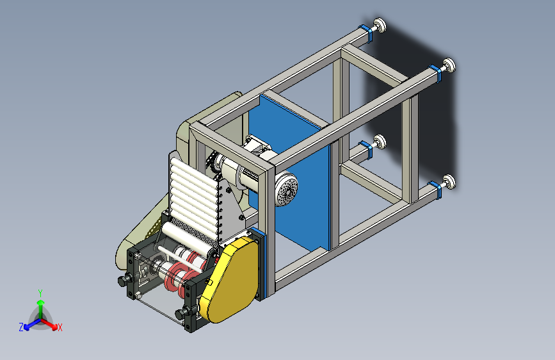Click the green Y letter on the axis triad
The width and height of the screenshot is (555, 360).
[x=40, y=293]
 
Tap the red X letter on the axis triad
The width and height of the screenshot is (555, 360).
[x=60, y=327]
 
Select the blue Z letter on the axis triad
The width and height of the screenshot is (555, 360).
[x=21, y=327]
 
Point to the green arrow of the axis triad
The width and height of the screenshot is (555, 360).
[x=41, y=309]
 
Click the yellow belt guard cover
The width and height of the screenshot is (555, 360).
[x=229, y=279]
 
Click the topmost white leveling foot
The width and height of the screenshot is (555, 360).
[x=380, y=26]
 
